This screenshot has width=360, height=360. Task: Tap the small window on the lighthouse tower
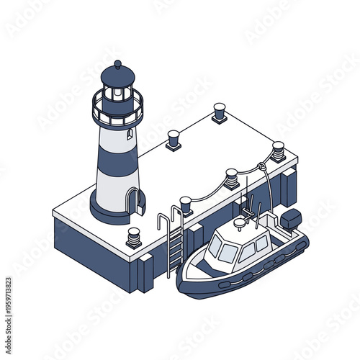(x=129, y=134)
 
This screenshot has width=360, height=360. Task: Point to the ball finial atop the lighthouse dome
(x=118, y=64)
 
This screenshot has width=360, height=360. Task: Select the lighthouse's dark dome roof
(x=118, y=75)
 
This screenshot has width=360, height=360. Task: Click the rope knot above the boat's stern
(x=262, y=167)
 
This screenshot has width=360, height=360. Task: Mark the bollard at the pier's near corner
(x=134, y=237)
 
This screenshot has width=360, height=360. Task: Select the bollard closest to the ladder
(x=186, y=205)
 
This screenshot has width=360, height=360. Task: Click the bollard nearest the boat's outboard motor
(x=278, y=151)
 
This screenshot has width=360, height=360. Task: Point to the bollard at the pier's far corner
(x=219, y=112)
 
